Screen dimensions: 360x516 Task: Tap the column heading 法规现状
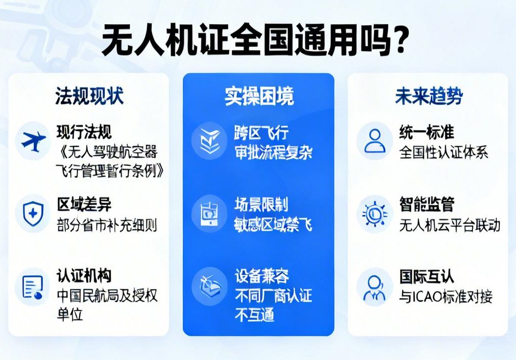(89, 96)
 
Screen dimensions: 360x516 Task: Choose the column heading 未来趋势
(428, 96)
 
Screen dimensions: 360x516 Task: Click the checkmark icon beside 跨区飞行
(208, 141)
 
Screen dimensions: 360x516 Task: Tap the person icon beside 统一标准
(374, 141)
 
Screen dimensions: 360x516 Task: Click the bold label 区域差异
(84, 205)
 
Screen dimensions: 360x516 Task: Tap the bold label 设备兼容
(262, 276)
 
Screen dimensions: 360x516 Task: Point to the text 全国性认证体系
(443, 152)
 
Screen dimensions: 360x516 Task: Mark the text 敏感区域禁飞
(273, 224)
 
